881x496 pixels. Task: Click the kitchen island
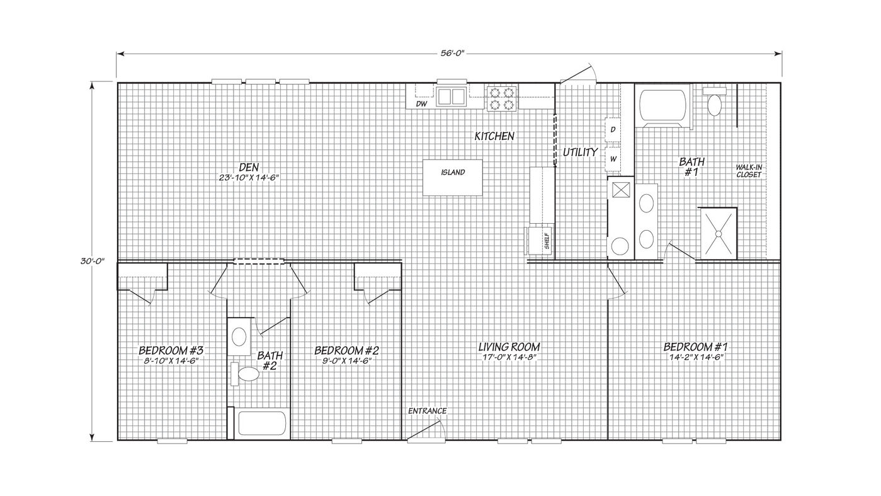coord(453,178)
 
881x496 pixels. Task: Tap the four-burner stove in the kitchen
coord(501,98)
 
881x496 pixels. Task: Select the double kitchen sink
coord(451,96)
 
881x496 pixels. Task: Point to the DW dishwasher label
coord(422,104)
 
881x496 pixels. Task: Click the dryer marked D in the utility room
coord(612,129)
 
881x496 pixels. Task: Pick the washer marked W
coord(612,159)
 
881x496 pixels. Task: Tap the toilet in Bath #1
coord(714,101)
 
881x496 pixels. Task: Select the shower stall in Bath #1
coord(718,233)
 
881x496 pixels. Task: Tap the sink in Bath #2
coord(239,337)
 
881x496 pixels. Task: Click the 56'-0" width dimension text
coord(450,54)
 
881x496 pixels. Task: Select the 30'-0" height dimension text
coord(93,261)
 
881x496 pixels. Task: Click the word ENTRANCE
coord(427,411)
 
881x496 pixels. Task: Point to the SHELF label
coord(547,241)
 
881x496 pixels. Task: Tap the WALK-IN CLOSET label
coord(749,171)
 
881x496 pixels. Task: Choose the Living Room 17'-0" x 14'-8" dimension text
coord(509,357)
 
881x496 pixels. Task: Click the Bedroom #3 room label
coord(171,350)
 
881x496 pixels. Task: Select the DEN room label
coord(249,167)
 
